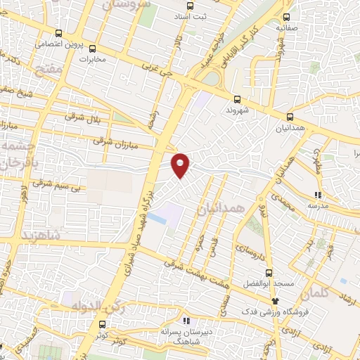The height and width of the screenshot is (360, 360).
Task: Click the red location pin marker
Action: [x=181, y=165]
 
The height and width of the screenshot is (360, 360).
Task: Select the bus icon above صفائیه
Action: [x=286, y=16]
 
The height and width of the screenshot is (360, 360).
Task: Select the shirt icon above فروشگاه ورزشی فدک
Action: [x=275, y=300]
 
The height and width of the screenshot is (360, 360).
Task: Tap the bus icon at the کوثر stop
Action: [x=103, y=325]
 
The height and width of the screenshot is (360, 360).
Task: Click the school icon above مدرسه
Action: [x=318, y=194]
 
